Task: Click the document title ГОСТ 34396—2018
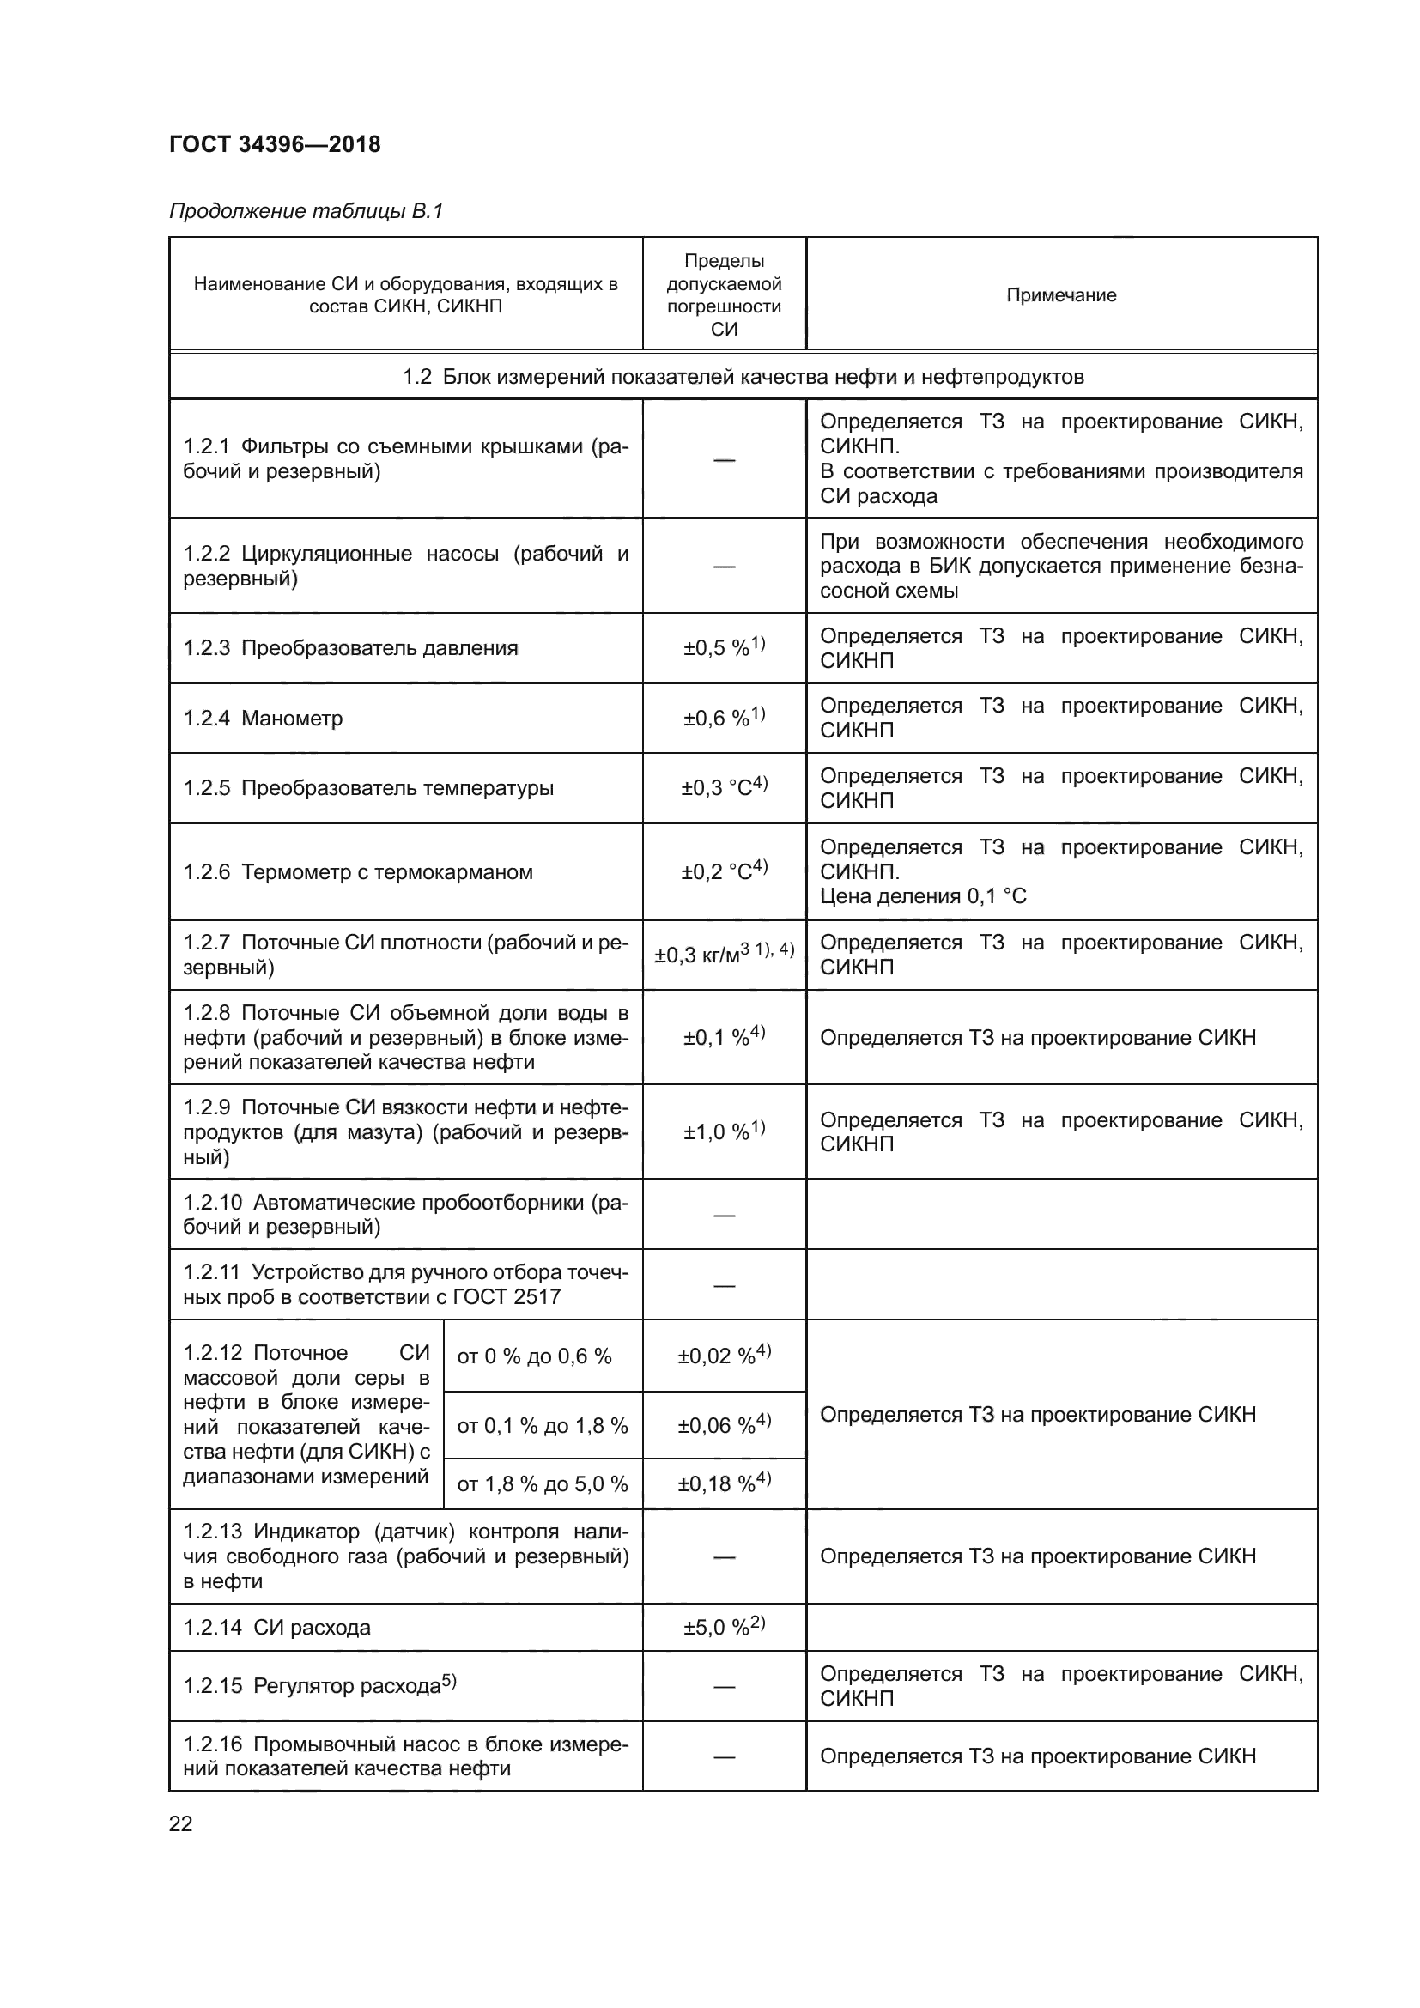pos(275,144)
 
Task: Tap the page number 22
pos(180,1823)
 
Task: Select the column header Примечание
pos(1060,294)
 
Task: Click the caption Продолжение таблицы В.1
pos(306,211)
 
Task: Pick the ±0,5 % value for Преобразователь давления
pos(723,647)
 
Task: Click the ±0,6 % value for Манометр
pos(723,717)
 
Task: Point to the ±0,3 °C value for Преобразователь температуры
pos(723,787)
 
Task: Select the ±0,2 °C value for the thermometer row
pos(723,871)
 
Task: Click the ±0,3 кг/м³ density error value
pos(723,954)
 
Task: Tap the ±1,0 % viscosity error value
pos(723,1131)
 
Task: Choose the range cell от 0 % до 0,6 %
pos(534,1356)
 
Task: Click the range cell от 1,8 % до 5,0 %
pos(542,1484)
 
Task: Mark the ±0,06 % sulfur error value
pos(723,1426)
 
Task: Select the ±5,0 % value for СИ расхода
pos(723,1628)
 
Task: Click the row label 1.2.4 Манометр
pos(264,718)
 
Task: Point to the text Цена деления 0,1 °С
pos(922,895)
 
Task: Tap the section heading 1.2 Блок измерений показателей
pos(743,376)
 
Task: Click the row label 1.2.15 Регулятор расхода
pos(320,1685)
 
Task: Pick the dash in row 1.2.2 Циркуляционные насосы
pos(724,567)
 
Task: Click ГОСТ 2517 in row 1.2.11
pos(507,1296)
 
